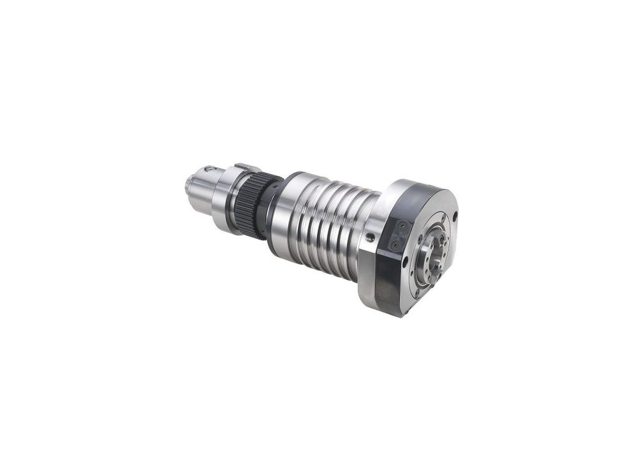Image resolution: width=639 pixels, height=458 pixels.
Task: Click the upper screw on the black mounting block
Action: (x=404, y=225)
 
